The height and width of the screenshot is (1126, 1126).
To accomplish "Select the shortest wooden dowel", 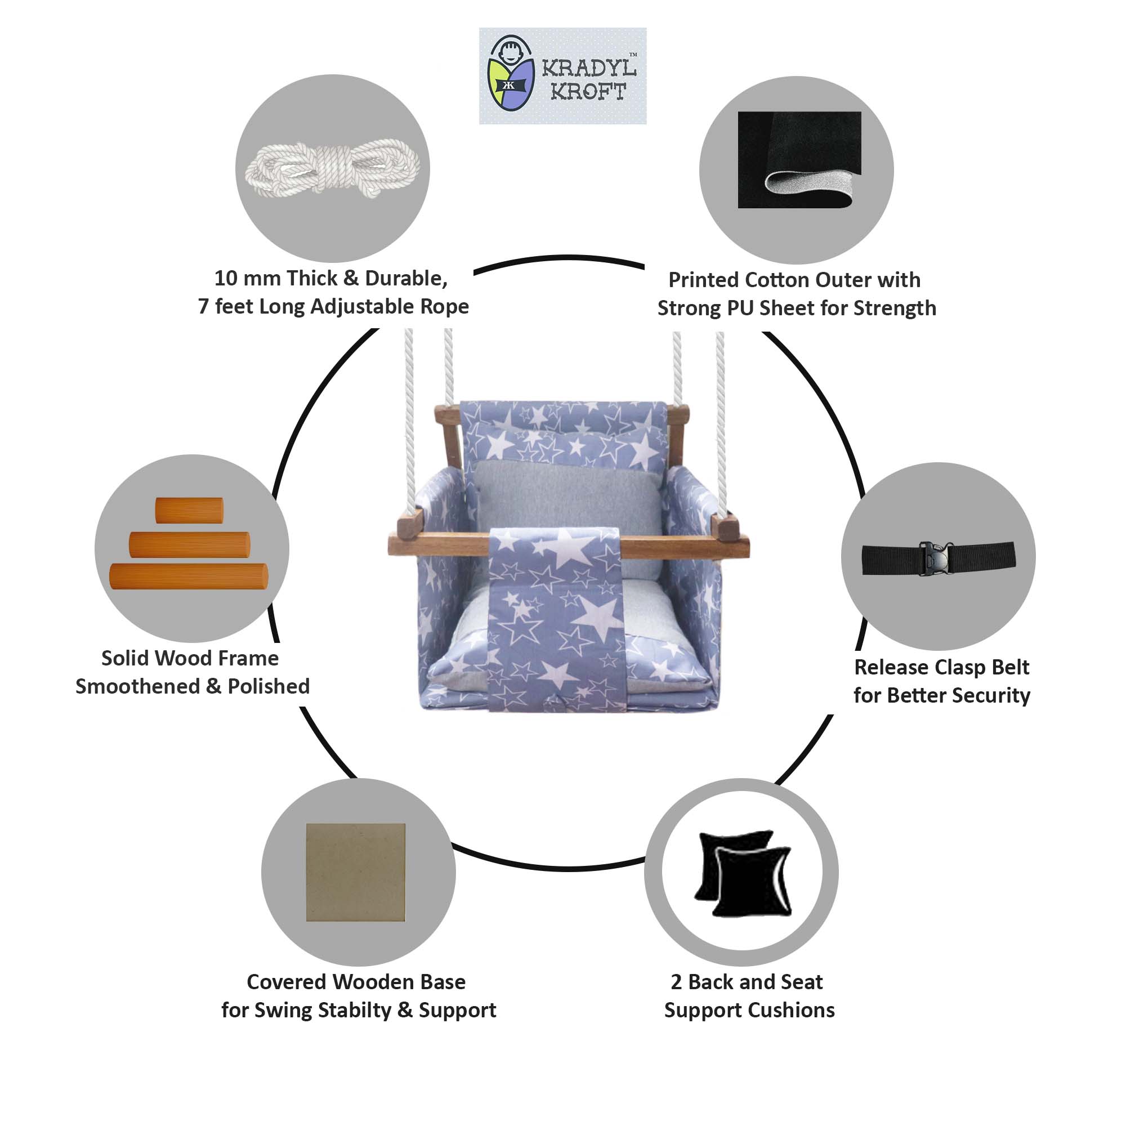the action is (189, 511).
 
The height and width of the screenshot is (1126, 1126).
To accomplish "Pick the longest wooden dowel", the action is (189, 577).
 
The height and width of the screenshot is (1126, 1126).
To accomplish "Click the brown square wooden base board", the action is (355, 872).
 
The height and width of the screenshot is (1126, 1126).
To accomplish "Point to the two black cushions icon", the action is (743, 873).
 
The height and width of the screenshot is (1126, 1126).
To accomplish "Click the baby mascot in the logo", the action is (511, 74).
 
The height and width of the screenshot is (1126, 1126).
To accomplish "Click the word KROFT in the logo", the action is (589, 92).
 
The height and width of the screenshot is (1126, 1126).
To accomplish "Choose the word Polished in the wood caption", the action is (269, 686).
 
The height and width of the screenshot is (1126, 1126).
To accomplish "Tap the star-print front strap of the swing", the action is (553, 618).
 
